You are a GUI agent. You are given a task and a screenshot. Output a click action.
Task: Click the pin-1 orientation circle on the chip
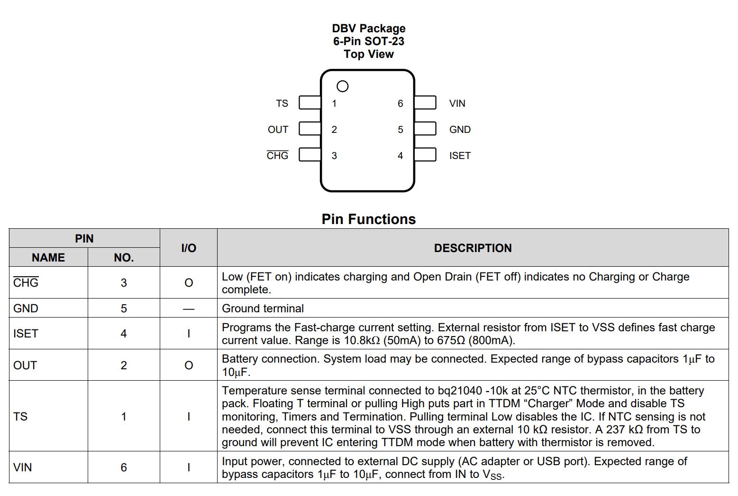342,81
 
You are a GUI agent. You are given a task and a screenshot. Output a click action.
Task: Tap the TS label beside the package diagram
282,103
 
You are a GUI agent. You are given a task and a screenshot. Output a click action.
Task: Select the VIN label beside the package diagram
457,103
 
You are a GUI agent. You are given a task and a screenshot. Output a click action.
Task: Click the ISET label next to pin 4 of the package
460,156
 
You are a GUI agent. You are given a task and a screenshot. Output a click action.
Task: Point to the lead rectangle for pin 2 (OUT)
310,129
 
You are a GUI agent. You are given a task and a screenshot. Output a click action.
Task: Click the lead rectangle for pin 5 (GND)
425,129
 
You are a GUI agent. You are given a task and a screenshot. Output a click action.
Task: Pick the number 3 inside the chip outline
334,156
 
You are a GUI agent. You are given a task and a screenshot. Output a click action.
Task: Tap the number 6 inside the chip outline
401,103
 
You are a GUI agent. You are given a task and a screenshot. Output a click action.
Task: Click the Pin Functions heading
369,219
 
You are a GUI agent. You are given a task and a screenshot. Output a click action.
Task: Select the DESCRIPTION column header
473,248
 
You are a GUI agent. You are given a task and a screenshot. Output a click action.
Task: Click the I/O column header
189,248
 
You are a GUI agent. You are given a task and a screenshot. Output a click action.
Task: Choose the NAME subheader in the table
48,257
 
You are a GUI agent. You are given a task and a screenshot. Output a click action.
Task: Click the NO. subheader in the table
124,257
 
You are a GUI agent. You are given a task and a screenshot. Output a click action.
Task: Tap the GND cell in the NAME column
26,309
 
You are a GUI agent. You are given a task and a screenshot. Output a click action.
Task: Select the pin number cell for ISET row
124,334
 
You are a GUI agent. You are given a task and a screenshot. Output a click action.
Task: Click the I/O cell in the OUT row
189,365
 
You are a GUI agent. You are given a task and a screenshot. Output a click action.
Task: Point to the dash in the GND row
189,309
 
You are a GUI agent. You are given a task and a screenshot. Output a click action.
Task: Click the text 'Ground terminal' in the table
263,309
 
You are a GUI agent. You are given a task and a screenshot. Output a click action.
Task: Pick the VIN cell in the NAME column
22,468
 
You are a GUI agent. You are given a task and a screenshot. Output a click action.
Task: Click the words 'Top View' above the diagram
369,54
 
